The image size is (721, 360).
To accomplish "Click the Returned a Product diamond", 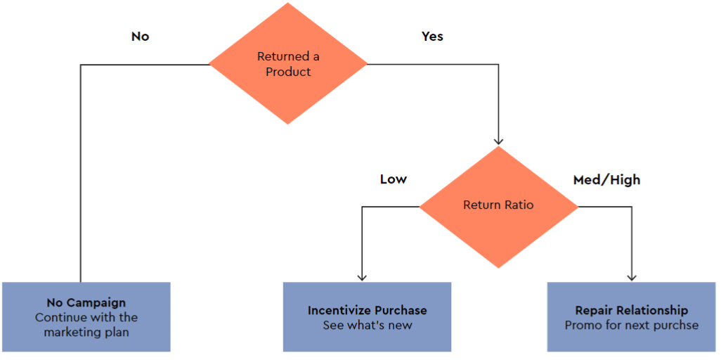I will point(288,64).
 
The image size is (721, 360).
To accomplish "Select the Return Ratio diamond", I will point(498,206).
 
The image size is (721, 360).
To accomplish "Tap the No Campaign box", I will point(86,317).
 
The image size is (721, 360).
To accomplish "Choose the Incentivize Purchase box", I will point(367,317).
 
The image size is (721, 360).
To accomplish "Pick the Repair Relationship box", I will point(631,317).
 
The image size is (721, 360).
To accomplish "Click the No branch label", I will point(141,37).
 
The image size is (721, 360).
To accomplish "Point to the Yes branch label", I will point(432,36).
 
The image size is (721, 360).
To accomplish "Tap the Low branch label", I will point(393,179).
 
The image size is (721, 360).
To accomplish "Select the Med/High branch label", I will point(607,180).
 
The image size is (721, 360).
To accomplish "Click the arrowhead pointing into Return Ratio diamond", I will point(498,141).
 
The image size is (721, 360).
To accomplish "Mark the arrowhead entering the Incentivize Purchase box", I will point(361,277).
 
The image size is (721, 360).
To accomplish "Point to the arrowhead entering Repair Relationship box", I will point(631,277).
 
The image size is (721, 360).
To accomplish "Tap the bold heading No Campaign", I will point(86,303).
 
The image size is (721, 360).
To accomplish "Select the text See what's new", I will point(368,326).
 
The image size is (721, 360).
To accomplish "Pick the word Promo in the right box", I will point(581,326).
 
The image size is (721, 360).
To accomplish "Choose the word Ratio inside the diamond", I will point(518,205).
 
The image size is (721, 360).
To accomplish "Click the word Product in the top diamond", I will point(288,72).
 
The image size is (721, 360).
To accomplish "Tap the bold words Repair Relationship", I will point(631,311).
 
